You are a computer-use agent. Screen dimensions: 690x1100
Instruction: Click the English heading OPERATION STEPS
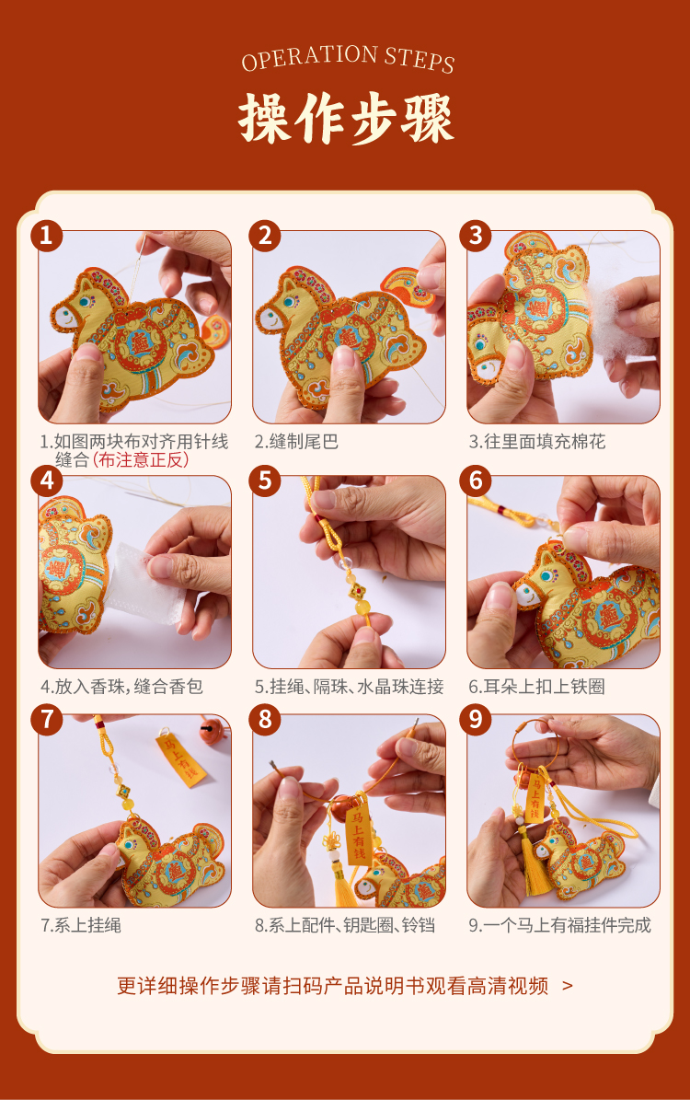(x=348, y=58)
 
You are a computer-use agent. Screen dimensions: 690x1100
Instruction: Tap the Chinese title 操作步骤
(x=347, y=118)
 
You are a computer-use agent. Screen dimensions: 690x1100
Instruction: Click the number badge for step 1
(x=47, y=235)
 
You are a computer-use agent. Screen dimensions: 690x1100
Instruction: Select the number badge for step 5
(x=265, y=481)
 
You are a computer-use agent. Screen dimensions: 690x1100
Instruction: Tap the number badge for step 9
(x=477, y=719)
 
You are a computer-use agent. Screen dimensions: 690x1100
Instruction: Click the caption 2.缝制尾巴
(x=296, y=441)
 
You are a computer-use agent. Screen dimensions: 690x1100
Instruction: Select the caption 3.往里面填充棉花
(x=537, y=441)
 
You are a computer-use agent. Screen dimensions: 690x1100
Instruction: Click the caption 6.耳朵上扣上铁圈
(x=537, y=687)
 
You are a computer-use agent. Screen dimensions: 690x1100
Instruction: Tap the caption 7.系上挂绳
(x=81, y=925)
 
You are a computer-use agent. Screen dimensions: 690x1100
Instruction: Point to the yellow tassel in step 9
(x=536, y=861)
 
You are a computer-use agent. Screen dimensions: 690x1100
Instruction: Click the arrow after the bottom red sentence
(x=568, y=986)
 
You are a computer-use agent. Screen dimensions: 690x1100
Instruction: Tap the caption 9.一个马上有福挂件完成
(x=559, y=925)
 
